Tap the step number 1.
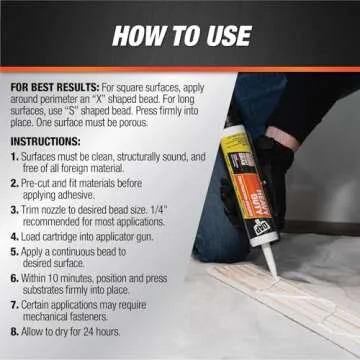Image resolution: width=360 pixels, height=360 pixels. [x=12, y=157]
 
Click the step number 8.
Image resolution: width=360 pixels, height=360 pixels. [x=12, y=329]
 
